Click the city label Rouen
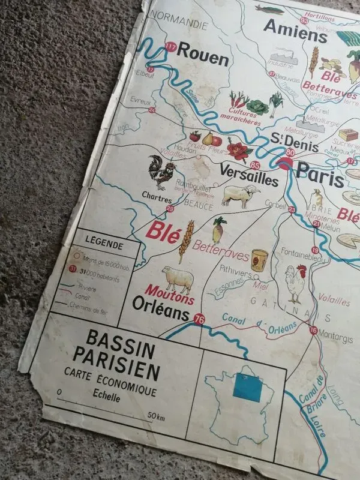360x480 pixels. (202, 58)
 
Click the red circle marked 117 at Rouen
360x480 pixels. (171, 47)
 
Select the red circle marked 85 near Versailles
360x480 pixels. (256, 166)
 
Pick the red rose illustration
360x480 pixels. (239, 149)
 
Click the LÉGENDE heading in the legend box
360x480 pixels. (104, 245)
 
